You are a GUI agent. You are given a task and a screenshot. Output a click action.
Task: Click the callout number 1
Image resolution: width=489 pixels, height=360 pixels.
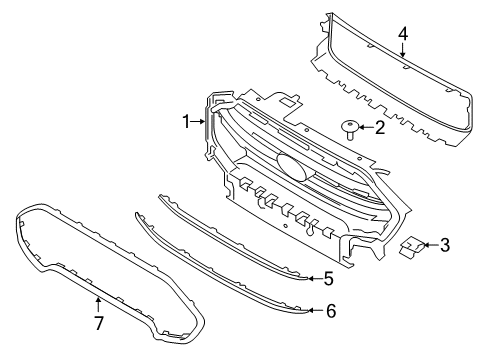[x=185, y=122]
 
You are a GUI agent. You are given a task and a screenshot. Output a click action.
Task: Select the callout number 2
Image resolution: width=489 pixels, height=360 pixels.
[x=379, y=127]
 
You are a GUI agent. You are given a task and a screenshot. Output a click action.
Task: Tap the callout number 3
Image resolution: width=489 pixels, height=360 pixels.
[x=445, y=244]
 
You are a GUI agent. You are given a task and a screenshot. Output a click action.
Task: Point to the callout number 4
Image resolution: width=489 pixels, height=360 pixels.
[x=403, y=36]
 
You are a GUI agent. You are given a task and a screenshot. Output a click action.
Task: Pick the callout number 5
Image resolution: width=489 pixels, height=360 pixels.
[x=327, y=279]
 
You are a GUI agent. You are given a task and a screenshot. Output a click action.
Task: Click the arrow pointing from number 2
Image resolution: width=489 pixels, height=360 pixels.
[x=366, y=127]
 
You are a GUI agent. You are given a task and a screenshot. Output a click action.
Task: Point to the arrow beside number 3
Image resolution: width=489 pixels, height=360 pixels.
[x=430, y=244]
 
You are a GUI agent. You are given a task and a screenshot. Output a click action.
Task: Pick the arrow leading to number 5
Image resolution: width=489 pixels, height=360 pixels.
[x=313, y=279]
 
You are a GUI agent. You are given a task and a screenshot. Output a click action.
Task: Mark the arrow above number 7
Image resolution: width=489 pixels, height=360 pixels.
[x=97, y=306]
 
